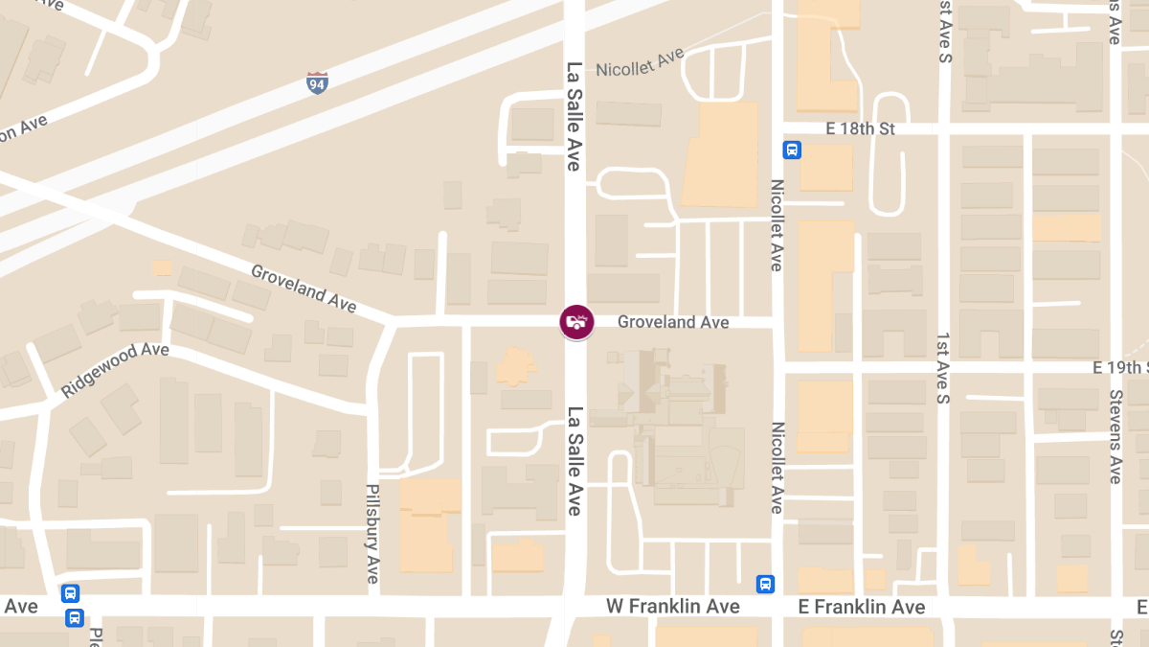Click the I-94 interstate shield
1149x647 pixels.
point(317,82)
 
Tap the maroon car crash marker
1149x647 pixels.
point(576,321)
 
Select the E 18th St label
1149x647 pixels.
point(859,128)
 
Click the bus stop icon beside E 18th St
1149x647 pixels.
point(792,150)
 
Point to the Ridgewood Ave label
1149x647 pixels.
point(115,371)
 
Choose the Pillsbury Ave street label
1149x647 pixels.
point(373,534)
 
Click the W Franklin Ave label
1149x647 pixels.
point(672,607)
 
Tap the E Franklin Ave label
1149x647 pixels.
point(861,607)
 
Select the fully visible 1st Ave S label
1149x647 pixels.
point(943,370)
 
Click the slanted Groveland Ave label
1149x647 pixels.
point(304,289)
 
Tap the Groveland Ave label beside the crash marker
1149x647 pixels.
point(673,322)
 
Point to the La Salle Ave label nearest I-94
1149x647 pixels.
point(574,117)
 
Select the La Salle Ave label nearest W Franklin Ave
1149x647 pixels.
point(574,461)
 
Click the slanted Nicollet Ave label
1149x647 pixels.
point(640,62)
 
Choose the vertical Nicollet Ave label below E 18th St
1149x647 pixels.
point(777,225)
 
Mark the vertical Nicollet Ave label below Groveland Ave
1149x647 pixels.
point(777,468)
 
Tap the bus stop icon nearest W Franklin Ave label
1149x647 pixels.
point(765,584)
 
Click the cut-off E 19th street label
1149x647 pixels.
point(1120,368)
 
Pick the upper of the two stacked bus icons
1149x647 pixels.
point(70,593)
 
